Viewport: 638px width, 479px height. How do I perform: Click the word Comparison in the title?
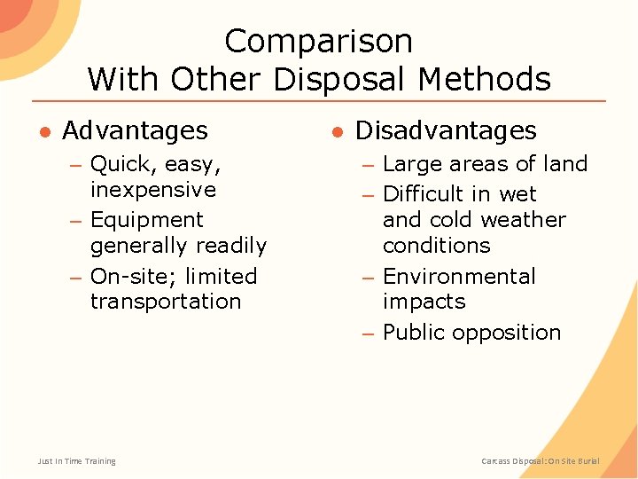pos(319,42)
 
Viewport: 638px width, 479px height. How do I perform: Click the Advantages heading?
pos(135,131)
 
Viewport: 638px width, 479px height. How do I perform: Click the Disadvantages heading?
pos(446,131)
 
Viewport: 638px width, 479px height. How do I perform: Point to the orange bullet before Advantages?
pos(43,132)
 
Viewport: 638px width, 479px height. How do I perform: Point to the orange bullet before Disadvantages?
pos(337,132)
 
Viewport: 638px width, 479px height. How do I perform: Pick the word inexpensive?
pos(153,190)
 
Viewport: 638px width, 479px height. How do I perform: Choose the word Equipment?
pos(147,220)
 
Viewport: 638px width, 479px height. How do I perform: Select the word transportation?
pos(166,302)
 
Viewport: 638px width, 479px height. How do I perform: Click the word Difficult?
pos(423,194)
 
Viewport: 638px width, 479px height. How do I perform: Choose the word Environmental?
pos(459,277)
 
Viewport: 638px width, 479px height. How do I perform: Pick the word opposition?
pos(518,334)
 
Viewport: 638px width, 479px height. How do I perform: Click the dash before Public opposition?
pos(369,334)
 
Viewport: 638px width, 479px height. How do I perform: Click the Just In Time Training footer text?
pos(77,461)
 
